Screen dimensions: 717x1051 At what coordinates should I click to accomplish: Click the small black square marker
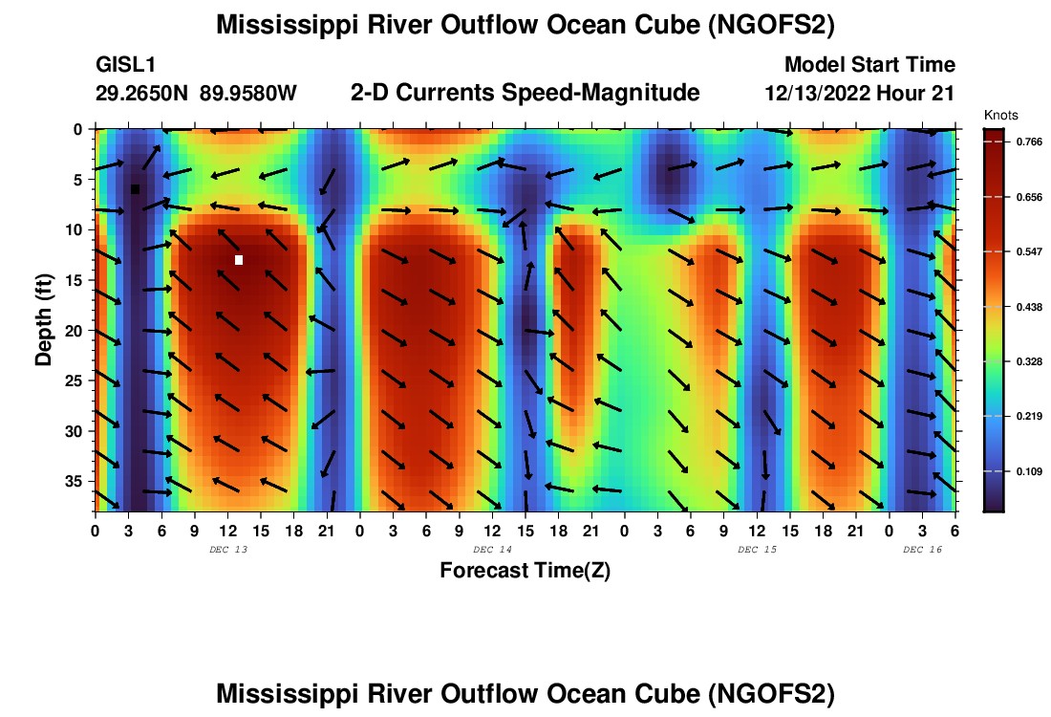coord(135,189)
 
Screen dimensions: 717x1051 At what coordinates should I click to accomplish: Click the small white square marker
coord(239,260)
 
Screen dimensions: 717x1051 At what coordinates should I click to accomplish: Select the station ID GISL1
coord(125,65)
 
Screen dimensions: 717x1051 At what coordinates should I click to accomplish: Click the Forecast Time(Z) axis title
coord(525,571)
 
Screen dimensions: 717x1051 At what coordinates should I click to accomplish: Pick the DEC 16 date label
coord(922,550)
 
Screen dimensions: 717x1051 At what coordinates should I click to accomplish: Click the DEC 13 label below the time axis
coord(227,550)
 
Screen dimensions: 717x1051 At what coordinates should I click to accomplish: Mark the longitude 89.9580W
coord(248,93)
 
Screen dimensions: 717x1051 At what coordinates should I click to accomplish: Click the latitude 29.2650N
coord(142,93)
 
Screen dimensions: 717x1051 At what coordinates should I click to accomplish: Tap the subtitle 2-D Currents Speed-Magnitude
coord(525,93)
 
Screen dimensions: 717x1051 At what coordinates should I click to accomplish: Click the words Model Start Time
coord(869,65)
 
